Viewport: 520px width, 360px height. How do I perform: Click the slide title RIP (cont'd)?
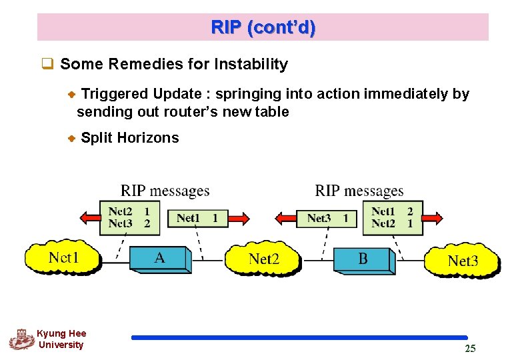coord(263,28)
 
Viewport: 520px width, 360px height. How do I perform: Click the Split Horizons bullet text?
coord(129,138)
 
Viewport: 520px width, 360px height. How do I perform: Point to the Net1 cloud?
coord(63,257)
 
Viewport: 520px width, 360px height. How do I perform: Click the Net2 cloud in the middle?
coord(263,259)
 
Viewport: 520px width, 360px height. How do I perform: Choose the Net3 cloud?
coord(462,261)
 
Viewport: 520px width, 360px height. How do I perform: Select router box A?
coord(160,259)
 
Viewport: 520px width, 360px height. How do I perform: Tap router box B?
coord(363,259)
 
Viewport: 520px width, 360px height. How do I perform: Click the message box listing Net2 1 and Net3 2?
coord(129,218)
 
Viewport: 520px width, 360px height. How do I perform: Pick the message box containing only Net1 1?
coord(197,218)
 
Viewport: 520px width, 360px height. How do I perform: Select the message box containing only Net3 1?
coord(327,218)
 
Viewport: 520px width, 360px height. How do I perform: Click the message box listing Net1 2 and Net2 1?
coord(392,218)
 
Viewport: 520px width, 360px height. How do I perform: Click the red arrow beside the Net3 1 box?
coord(286,218)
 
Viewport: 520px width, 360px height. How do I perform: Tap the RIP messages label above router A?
coord(165,191)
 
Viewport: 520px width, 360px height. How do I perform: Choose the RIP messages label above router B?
coord(359,191)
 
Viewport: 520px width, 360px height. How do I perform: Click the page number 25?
coord(470,349)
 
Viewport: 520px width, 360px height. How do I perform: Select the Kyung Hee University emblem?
coord(21,339)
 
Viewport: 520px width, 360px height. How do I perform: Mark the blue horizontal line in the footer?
coord(299,338)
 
